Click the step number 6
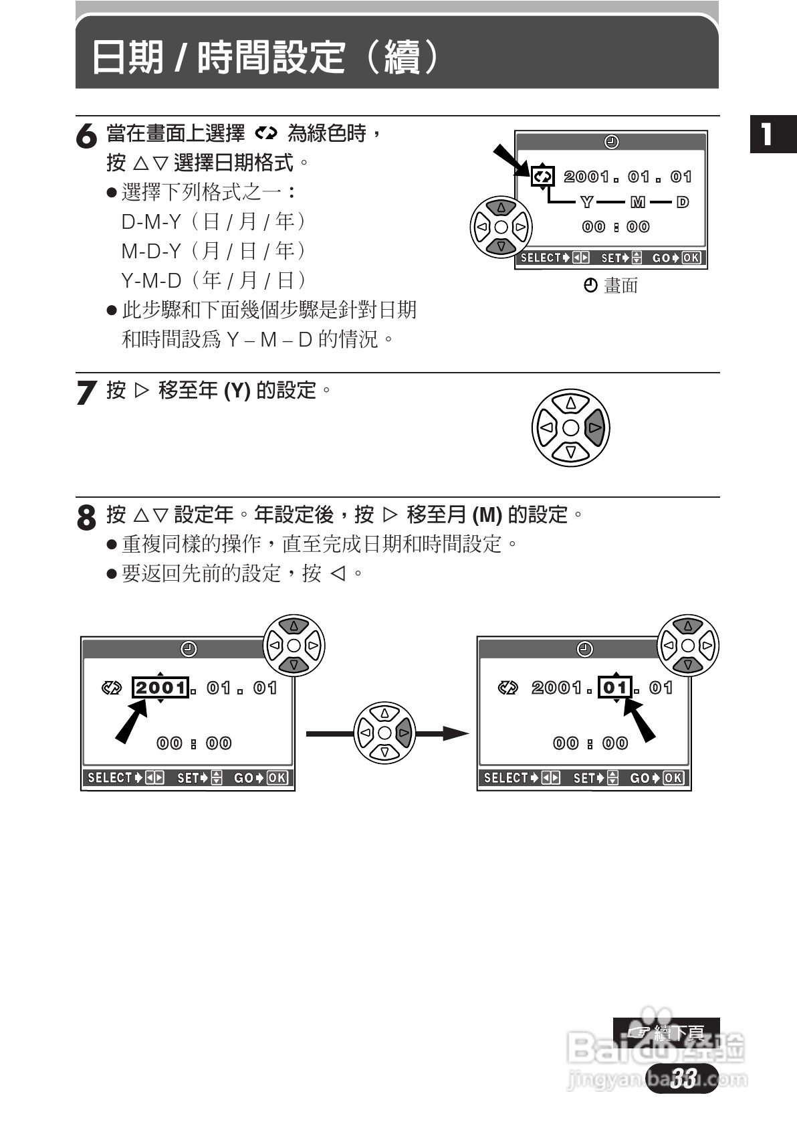[86, 136]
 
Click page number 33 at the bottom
[683, 1078]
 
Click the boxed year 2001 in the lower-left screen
[160, 688]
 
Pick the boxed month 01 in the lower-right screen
[615, 687]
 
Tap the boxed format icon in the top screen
[542, 177]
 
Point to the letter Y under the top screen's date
[586, 202]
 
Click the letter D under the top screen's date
[682, 202]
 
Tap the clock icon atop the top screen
[611, 142]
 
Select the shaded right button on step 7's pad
[594, 428]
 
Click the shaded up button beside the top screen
[501, 207]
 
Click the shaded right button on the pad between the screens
[404, 733]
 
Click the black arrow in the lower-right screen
[639, 719]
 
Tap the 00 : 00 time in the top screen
[615, 227]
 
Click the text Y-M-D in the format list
[151, 280]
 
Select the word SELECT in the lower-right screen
[506, 778]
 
